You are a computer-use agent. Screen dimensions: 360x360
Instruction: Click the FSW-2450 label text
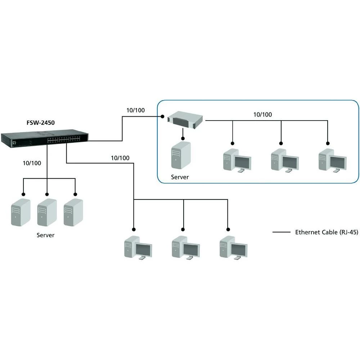[40, 122]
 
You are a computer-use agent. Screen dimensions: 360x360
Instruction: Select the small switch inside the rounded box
[186, 119]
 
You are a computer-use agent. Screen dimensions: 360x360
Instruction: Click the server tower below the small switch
[181, 155]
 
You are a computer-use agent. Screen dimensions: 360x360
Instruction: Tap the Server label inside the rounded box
[180, 177]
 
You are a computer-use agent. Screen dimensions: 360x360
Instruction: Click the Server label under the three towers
[45, 235]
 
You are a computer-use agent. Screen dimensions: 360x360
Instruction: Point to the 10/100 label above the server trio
[32, 163]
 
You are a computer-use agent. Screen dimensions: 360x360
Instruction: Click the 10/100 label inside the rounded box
[263, 115]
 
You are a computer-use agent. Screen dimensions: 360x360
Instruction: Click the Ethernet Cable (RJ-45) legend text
[327, 232]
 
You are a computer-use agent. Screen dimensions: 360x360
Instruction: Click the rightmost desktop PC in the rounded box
[333, 160]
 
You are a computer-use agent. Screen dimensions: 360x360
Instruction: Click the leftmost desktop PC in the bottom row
[137, 247]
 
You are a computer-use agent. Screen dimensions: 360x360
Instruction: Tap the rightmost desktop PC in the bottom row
[233, 247]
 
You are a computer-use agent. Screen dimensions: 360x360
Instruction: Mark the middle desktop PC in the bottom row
[185, 247]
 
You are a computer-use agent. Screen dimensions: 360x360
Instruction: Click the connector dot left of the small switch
[163, 116]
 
